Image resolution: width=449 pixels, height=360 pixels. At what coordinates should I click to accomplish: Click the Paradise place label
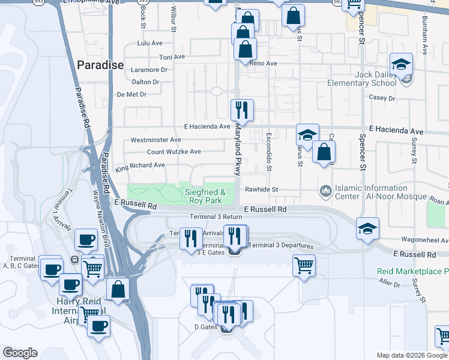pos(100,65)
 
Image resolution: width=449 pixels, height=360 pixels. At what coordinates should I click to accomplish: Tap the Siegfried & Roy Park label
pos(205,196)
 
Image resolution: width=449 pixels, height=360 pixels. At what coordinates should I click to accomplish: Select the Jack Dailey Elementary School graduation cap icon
pos(402,64)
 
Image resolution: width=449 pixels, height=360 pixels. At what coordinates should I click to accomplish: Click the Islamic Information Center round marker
pos(326,191)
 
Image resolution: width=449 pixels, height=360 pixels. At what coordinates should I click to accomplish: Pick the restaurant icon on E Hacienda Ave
pos(242,110)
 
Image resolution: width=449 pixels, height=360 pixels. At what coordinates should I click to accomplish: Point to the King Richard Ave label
pos(140,165)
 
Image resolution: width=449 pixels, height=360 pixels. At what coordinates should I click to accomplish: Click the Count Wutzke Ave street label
pos(173,152)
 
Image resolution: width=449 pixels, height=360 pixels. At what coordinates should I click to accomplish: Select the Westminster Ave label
pos(155,140)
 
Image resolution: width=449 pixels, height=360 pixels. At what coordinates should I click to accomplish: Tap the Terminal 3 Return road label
pos(215,217)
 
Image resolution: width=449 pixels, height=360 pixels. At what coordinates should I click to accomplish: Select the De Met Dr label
pos(131,94)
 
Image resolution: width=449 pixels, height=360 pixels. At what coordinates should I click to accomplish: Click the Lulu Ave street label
pos(150,43)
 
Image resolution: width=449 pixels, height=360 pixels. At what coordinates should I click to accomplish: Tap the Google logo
pos(20,353)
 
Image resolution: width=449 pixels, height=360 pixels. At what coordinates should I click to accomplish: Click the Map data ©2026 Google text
pos(411,355)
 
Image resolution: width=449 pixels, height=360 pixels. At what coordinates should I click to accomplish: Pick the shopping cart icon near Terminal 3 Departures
pos(304,265)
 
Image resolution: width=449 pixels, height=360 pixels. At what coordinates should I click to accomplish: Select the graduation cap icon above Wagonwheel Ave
pos(367,229)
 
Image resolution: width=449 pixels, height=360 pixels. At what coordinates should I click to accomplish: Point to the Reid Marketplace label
pos(412,271)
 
